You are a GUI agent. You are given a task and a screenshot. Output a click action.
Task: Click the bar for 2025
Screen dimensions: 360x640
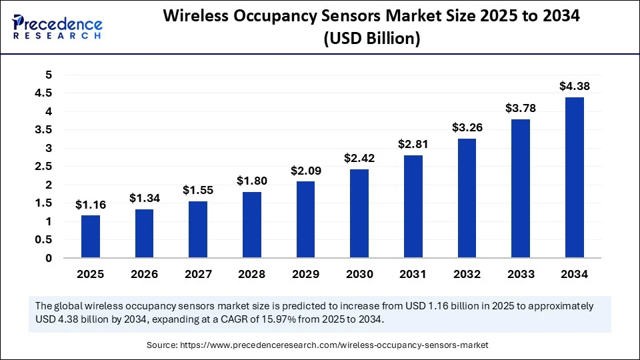(x=91, y=237)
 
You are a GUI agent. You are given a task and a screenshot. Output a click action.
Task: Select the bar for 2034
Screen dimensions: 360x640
(x=574, y=177)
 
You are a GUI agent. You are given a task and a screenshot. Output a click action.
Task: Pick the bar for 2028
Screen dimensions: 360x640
(x=252, y=225)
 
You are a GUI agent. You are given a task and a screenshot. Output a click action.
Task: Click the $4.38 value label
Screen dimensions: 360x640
(x=574, y=86)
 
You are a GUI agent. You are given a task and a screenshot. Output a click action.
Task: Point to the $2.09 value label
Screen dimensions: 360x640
(x=305, y=171)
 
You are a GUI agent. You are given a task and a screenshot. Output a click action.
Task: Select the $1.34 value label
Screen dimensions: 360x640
(x=144, y=198)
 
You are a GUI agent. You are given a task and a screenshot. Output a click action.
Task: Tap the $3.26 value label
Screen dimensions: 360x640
(x=467, y=127)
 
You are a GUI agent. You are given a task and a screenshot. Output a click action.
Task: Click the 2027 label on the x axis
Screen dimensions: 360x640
(x=198, y=274)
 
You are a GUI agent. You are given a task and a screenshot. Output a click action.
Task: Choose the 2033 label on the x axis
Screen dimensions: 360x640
(x=520, y=274)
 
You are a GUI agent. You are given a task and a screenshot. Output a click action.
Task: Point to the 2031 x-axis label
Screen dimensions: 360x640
(x=413, y=274)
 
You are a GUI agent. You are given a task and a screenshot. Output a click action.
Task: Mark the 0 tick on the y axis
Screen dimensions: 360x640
(x=47, y=258)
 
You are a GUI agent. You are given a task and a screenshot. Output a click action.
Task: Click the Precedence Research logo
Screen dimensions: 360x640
(x=57, y=26)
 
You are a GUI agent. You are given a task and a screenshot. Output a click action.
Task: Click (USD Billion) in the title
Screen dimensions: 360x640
(x=371, y=39)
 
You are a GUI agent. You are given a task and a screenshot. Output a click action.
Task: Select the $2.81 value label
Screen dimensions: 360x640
(x=413, y=144)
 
